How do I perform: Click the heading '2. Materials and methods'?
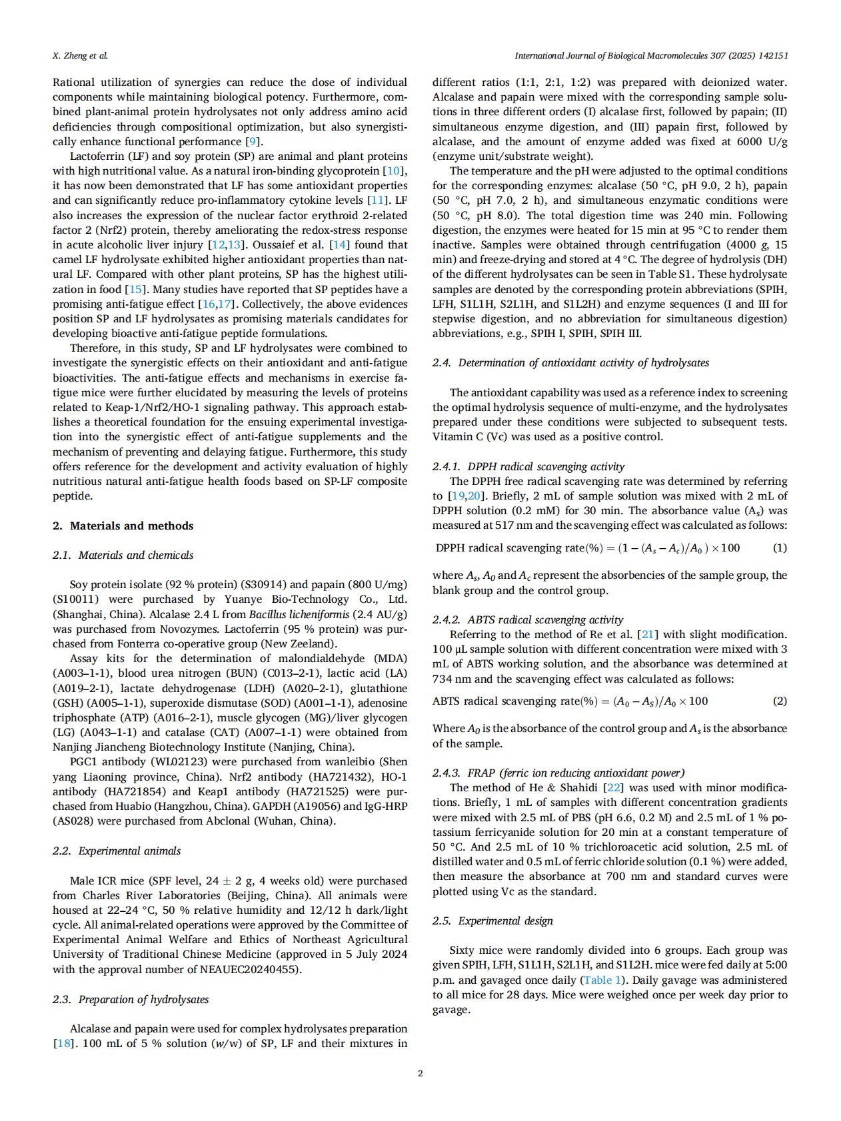(123, 526)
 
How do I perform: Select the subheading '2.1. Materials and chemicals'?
(123, 555)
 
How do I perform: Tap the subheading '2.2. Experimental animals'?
(117, 851)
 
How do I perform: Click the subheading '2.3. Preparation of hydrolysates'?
(131, 999)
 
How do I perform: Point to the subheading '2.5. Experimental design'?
(492, 921)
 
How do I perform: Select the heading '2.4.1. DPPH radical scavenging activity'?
(528, 466)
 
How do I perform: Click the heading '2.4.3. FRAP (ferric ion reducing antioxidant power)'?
(558, 773)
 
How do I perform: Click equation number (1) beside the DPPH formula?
(779, 548)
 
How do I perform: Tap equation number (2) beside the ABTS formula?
(779, 701)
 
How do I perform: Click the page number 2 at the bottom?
(420, 1073)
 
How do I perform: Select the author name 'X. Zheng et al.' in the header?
(80, 55)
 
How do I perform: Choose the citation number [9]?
(253, 141)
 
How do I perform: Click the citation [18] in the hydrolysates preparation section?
(63, 1043)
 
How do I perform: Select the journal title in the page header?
(651, 55)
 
